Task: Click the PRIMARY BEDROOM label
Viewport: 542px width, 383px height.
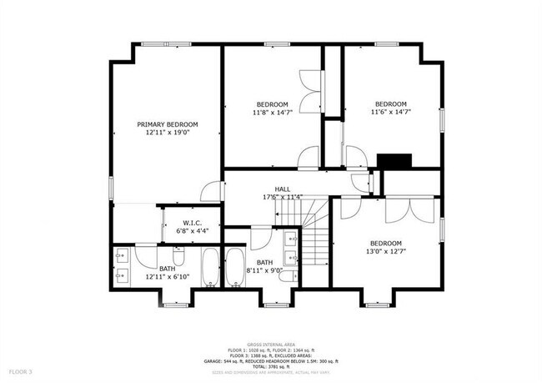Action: [167, 123]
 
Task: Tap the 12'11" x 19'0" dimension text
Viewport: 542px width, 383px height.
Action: [167, 132]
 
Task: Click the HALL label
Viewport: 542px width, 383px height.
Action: [283, 189]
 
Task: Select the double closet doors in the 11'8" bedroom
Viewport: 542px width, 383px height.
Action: [313, 92]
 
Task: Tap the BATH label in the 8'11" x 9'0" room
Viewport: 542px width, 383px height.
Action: [264, 263]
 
